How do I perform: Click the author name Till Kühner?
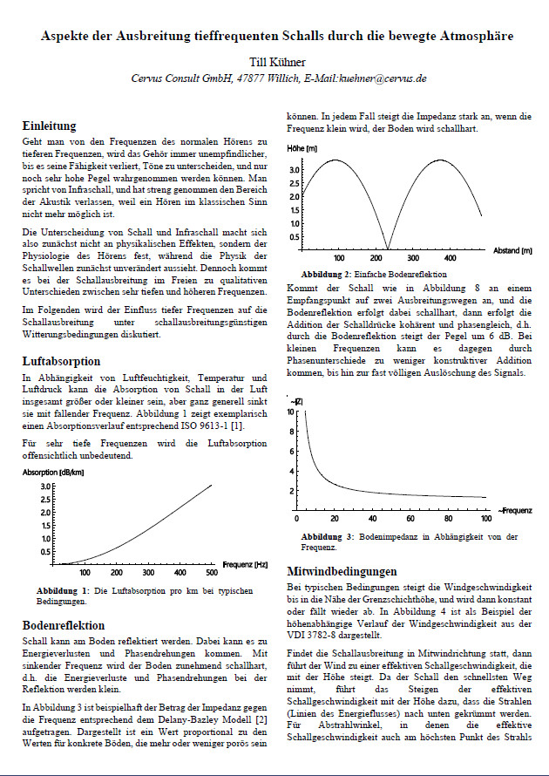coord(274,62)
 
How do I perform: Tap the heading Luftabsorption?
coord(61,360)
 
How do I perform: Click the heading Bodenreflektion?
coord(64,625)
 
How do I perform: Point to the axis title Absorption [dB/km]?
coord(52,472)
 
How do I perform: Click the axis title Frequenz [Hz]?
coord(247,565)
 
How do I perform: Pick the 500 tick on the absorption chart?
coord(212,573)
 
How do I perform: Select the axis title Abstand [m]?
coord(512,250)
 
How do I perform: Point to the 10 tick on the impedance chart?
coord(291,411)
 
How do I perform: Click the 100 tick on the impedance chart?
coord(485,519)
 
